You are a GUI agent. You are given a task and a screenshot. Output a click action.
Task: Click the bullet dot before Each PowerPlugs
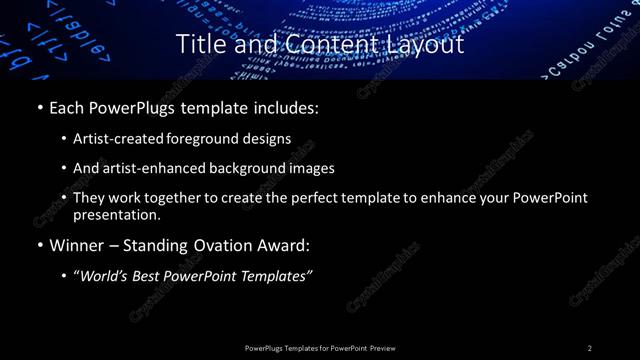[38, 105]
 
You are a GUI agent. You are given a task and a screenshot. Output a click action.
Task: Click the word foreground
[206, 138]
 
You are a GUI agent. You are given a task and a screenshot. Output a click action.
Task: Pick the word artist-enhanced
[148, 168]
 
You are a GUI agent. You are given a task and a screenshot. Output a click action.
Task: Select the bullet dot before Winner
[38, 244]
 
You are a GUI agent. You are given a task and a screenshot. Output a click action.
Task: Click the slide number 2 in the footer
[590, 348]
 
